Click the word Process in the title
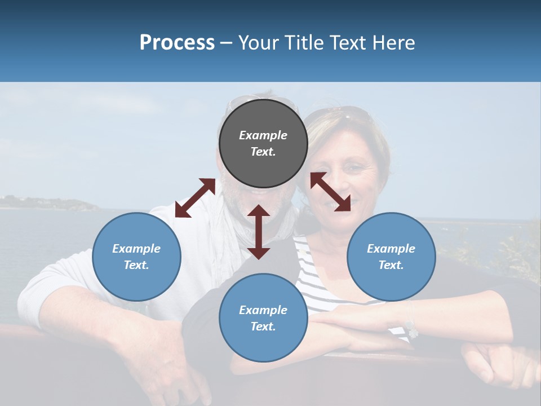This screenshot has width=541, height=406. pos(177,43)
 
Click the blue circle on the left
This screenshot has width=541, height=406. pos(136,257)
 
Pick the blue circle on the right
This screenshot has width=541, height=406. pos(391,257)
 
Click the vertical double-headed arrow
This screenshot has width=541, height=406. pos(259,232)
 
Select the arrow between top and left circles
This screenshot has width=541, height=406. pos(195,198)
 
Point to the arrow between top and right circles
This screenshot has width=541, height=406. pos(330,192)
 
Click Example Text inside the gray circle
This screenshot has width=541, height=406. pos(263,143)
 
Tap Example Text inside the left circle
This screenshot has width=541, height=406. pos(136,257)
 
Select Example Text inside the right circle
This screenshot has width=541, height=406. pos(391,257)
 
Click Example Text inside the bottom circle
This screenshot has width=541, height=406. pos(263,318)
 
